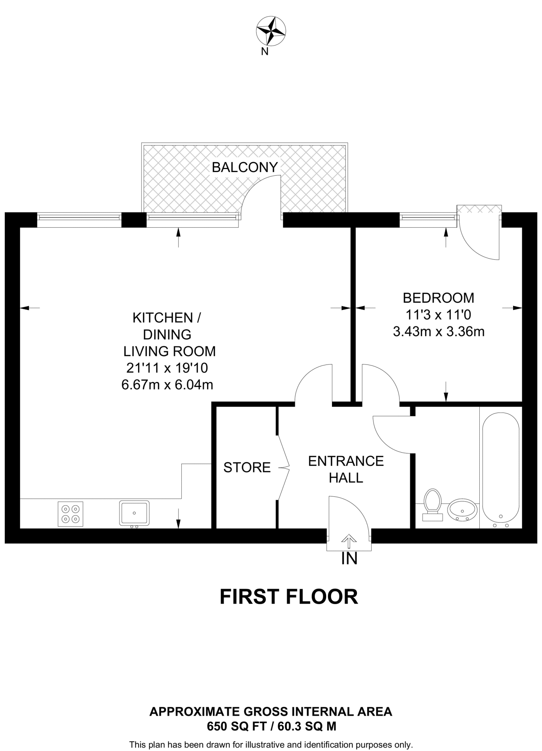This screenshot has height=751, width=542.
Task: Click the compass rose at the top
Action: pos(271,31)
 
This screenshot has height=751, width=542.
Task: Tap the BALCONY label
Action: pos(245,167)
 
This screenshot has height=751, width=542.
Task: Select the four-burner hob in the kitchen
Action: pos(70,514)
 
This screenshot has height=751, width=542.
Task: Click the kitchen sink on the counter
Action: pos(134,513)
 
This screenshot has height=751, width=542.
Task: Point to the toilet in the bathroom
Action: pos(432,504)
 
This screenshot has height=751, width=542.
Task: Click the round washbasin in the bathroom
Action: pos(462,509)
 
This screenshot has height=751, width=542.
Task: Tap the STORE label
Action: pos(247,468)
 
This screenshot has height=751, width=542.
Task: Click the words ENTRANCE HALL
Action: pos(346,469)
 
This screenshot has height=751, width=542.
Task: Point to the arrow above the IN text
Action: pos(349,541)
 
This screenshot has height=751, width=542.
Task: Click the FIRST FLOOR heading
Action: pos(289,597)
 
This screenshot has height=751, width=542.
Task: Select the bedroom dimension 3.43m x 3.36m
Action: pos(439,332)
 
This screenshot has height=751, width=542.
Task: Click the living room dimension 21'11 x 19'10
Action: pos(167,368)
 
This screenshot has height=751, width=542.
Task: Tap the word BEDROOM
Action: pos(438,298)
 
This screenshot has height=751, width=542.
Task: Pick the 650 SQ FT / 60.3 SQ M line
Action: pos(271,726)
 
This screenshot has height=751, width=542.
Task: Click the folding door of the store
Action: pos(283,468)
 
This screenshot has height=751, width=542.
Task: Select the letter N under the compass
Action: pos(265,52)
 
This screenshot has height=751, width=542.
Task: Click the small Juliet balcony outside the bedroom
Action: pos(479,209)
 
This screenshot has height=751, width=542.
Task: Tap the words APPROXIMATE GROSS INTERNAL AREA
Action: pos(271,712)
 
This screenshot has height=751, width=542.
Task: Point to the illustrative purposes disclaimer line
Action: pos(271,745)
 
